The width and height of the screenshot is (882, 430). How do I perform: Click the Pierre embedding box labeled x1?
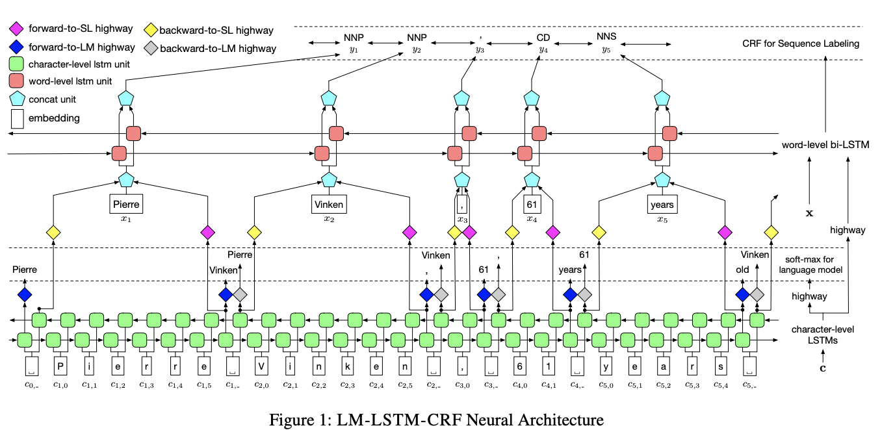(x=125, y=205)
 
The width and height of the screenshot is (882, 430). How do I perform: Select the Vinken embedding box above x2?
(x=328, y=205)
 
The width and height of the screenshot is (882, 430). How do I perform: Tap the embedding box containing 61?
(x=532, y=205)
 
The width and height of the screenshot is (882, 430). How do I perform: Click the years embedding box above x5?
(x=662, y=205)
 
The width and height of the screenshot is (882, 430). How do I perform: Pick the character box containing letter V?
(x=260, y=365)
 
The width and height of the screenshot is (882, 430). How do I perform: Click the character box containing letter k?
(x=346, y=365)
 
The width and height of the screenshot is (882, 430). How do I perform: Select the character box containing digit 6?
(x=519, y=365)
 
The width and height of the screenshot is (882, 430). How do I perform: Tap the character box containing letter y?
(x=604, y=365)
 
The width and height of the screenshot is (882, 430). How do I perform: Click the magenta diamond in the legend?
(x=18, y=29)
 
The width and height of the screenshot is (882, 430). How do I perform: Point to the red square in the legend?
(x=18, y=82)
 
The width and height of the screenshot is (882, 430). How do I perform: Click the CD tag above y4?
(x=543, y=37)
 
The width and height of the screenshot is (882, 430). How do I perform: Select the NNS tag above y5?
(x=606, y=37)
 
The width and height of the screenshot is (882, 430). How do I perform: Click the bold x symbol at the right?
(x=809, y=212)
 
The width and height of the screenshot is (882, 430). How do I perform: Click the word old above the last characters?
(x=743, y=270)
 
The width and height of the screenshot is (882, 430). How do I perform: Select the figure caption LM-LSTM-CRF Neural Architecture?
(x=436, y=419)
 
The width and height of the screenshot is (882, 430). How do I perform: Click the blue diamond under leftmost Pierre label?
(x=25, y=294)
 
